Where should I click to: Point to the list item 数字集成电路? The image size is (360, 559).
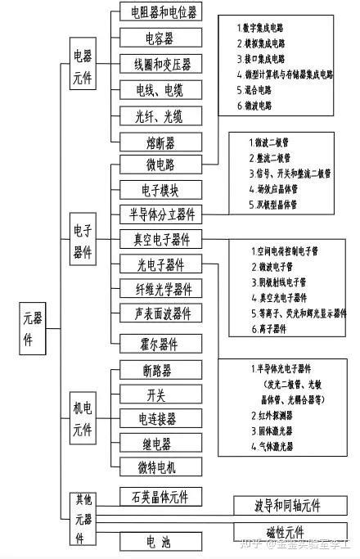click(x=262, y=27)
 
